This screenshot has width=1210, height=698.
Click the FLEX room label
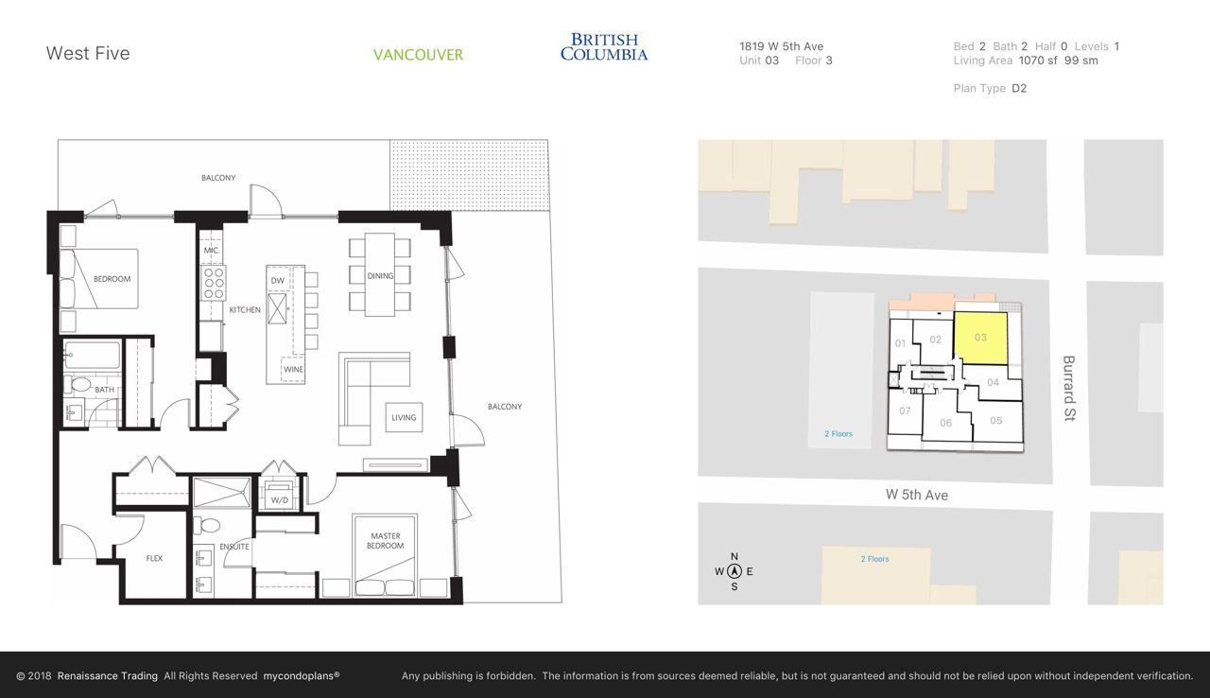coord(154,558)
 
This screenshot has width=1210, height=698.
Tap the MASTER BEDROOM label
coord(385,541)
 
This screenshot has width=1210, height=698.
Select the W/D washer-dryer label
coord(279,500)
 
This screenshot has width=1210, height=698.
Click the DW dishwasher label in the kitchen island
coord(278,280)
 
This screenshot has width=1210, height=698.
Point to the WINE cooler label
coord(293,370)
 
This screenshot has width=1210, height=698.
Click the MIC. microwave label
coord(212,250)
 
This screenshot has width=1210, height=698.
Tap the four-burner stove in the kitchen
coord(214,283)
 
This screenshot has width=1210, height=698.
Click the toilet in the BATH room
coord(78,384)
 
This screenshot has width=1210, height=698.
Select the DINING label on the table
coord(380,275)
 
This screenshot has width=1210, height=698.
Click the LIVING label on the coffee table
coord(404,418)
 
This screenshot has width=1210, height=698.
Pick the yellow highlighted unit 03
coord(980,338)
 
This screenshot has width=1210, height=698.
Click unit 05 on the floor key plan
coord(996,420)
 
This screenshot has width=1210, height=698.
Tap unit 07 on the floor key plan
coord(905,410)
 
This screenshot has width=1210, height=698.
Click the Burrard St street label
coord(1068,388)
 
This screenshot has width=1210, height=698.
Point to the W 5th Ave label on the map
coord(917,495)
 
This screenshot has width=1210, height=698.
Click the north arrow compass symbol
coord(735,571)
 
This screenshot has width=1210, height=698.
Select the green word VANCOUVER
coord(418,55)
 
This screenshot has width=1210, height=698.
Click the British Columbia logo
coord(604,47)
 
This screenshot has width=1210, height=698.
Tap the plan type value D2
coord(1019,88)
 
